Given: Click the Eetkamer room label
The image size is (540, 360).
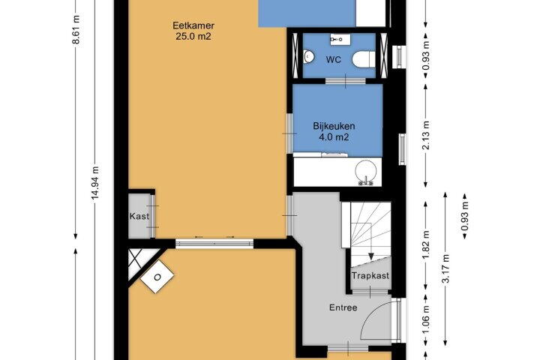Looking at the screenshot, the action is coord(193,25).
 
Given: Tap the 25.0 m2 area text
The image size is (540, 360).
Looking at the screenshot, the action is coord(193,36).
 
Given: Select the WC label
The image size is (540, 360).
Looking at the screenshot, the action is coord(333,60).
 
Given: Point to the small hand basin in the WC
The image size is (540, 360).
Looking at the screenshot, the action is coord(309,57).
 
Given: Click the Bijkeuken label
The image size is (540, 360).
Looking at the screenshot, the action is coord(334,126).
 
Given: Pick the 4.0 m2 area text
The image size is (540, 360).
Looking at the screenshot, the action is coord(334,137).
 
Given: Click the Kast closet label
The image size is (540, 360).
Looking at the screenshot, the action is coord(139,216).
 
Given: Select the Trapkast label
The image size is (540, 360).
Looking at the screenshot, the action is coord(370,275).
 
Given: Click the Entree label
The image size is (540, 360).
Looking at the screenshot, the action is coord(343,307).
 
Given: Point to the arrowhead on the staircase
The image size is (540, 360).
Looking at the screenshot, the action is coord(371,256).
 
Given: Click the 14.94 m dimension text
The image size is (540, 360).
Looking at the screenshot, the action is coord(95,183).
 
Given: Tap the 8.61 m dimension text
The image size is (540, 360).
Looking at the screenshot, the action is coord(76,30).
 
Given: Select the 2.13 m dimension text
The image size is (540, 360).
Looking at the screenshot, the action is coord(426,136).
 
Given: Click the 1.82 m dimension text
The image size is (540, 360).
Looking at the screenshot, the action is coord(426,244).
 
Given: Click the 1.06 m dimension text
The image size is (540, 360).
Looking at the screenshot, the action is coord(426,320).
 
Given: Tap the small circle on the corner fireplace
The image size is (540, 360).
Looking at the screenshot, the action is coord(157,277).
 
